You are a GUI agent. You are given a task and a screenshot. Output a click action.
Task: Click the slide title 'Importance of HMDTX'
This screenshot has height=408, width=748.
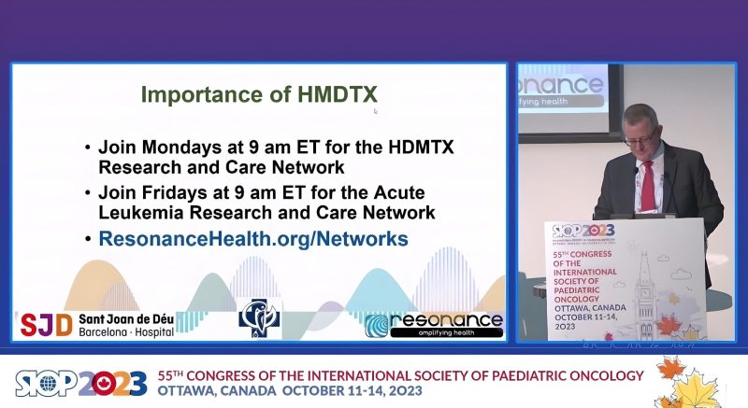(x=259, y=94)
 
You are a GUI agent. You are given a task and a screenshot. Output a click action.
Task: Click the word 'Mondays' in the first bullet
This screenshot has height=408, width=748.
(x=170, y=148)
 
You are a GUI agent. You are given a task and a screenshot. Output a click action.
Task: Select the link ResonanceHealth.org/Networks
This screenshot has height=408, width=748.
(x=252, y=239)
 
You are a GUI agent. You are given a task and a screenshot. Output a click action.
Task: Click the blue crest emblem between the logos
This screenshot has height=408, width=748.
(x=259, y=318)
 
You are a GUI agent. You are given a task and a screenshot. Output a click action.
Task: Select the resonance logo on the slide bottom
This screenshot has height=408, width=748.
(x=434, y=324)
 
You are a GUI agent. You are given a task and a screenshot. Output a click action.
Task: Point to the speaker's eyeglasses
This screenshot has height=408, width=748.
(x=639, y=138)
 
